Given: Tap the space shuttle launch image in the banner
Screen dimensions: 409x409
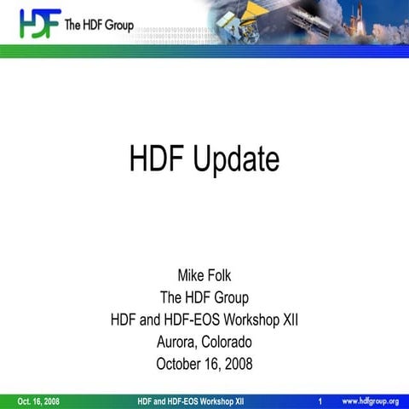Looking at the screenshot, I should [358, 20].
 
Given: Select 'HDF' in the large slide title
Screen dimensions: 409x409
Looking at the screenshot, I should [157, 158].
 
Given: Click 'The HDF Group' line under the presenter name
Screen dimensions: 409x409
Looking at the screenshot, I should [204, 298].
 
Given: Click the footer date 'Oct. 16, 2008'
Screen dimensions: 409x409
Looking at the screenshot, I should [38, 401].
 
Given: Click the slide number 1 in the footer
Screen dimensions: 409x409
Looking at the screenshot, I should [319, 401].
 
